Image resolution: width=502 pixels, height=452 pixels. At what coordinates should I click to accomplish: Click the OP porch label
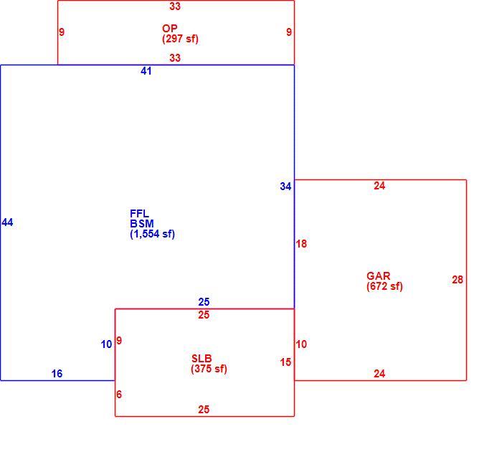(170, 29)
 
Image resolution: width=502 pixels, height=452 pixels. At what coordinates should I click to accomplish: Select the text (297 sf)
(180, 39)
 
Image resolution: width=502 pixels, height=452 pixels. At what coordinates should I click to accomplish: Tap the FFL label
(139, 213)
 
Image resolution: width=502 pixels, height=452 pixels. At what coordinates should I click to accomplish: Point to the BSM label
(142, 224)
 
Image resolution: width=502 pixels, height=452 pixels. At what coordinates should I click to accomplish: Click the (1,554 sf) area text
(152, 234)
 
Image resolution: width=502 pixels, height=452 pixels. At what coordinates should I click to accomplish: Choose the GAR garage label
(379, 276)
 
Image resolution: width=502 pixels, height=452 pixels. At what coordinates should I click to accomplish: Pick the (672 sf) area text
(384, 286)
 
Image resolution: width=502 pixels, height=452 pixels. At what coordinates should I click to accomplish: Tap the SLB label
(202, 359)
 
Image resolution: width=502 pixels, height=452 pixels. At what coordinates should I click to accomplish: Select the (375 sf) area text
(209, 369)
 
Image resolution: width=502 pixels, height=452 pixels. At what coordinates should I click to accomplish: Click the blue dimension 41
(146, 71)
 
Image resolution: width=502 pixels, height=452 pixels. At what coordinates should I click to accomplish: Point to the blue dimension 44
(7, 222)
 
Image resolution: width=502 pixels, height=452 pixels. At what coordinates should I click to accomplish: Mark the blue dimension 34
(285, 187)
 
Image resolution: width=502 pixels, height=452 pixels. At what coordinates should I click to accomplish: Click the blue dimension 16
(57, 374)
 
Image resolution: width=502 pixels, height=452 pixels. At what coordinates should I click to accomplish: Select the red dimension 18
(301, 244)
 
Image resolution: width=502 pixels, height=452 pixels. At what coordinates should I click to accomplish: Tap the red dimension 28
(458, 280)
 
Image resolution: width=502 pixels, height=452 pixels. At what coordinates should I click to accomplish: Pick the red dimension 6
(119, 395)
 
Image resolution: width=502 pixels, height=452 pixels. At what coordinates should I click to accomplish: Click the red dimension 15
(285, 362)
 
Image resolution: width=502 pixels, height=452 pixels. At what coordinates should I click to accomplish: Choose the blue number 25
(204, 302)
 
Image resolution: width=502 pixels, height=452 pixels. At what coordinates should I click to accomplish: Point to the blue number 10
(106, 344)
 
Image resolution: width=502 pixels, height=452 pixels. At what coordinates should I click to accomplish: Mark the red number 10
(301, 344)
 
